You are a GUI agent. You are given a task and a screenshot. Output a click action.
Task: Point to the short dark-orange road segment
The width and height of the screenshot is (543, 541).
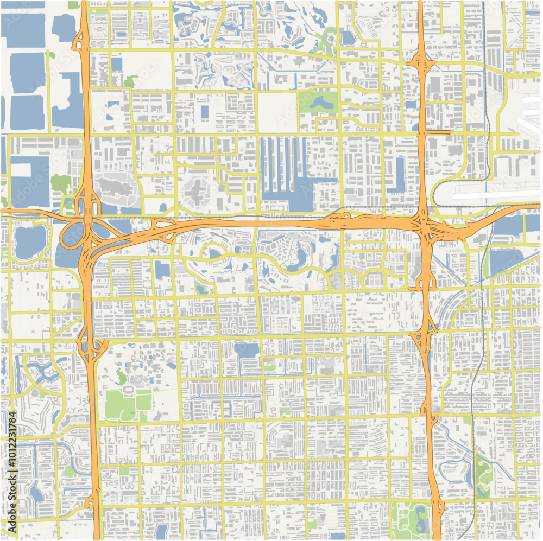tap(438, 131)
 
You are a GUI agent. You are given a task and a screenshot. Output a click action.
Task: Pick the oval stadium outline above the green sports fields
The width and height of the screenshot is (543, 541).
tap(130, 389)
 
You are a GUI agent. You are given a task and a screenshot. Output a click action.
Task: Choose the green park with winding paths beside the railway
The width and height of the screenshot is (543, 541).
tap(483, 475)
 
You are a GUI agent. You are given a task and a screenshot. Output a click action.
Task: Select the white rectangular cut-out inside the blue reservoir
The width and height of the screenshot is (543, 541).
tap(21, 170)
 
